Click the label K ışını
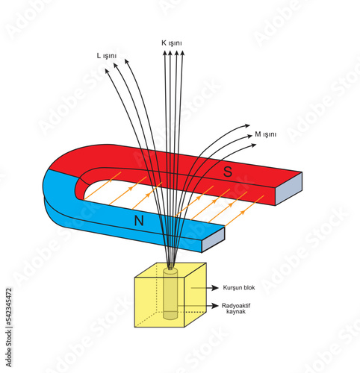click(172, 43)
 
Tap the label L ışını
click(107, 56)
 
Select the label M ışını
click(266, 134)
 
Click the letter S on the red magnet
click(228, 172)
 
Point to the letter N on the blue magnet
click(139, 221)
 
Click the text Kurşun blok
click(239, 288)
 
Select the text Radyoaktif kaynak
click(236, 308)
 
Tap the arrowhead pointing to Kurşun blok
click(215, 288)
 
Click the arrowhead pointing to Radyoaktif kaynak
click(215, 306)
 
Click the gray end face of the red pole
click(289, 189)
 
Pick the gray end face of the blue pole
click(213, 239)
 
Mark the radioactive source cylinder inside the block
click(170, 293)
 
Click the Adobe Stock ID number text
click(9, 306)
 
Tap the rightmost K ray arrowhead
click(182, 53)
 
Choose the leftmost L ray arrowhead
click(107, 71)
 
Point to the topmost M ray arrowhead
click(247, 125)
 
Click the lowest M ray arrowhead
click(254, 145)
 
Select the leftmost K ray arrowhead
click(164, 53)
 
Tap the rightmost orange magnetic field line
click(244, 211)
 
